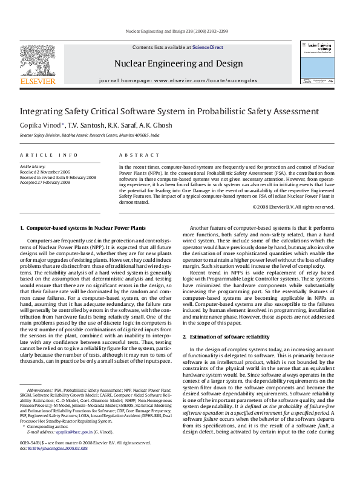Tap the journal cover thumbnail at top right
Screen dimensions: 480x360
point(316,58)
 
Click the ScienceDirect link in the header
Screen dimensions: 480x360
point(208,47)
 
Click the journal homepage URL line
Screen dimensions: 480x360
point(177,80)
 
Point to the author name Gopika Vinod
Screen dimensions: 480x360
point(41,125)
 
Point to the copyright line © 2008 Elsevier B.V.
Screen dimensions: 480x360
point(293,207)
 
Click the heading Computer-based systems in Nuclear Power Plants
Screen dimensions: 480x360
point(83,227)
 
